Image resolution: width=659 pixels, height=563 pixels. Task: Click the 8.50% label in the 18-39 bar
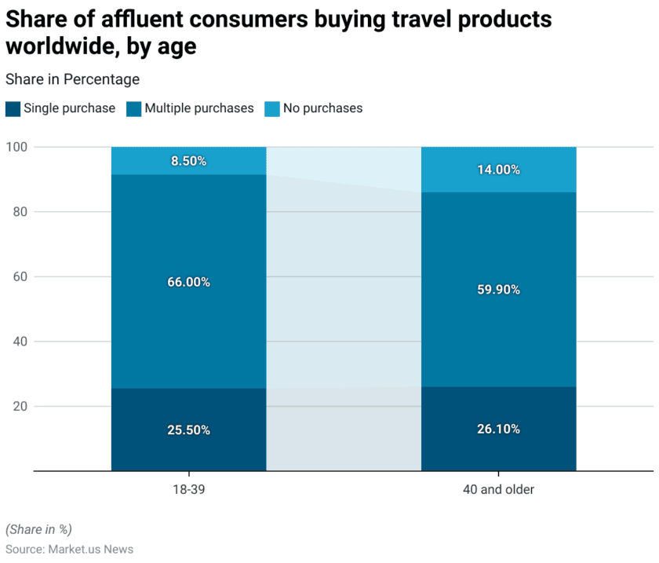(x=188, y=161)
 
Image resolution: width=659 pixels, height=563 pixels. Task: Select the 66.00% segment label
(x=188, y=282)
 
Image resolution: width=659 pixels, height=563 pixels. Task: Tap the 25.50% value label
(x=188, y=430)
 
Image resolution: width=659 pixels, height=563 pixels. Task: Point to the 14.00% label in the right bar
(x=498, y=170)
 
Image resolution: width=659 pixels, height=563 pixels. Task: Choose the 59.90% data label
(x=498, y=289)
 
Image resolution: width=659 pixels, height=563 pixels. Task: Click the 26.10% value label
(x=498, y=430)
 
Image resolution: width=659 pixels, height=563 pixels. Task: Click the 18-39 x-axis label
(x=188, y=489)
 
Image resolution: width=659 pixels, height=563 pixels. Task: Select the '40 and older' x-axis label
(x=498, y=489)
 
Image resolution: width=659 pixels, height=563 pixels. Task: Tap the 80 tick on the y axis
(x=20, y=212)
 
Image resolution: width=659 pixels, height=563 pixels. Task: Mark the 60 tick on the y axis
(x=20, y=276)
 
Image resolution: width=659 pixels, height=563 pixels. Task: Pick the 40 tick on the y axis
(x=20, y=342)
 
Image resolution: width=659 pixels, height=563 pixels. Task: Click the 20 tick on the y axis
(x=20, y=407)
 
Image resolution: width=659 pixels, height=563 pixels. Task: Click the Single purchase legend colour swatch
(x=13, y=108)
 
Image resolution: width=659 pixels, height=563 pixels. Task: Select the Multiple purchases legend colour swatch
(x=133, y=108)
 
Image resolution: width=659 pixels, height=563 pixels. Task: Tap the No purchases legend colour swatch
(x=271, y=108)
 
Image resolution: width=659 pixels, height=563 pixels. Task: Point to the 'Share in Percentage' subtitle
(x=72, y=79)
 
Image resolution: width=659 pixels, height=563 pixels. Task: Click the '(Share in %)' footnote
(x=38, y=529)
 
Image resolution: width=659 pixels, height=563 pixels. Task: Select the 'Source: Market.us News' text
(x=69, y=549)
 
